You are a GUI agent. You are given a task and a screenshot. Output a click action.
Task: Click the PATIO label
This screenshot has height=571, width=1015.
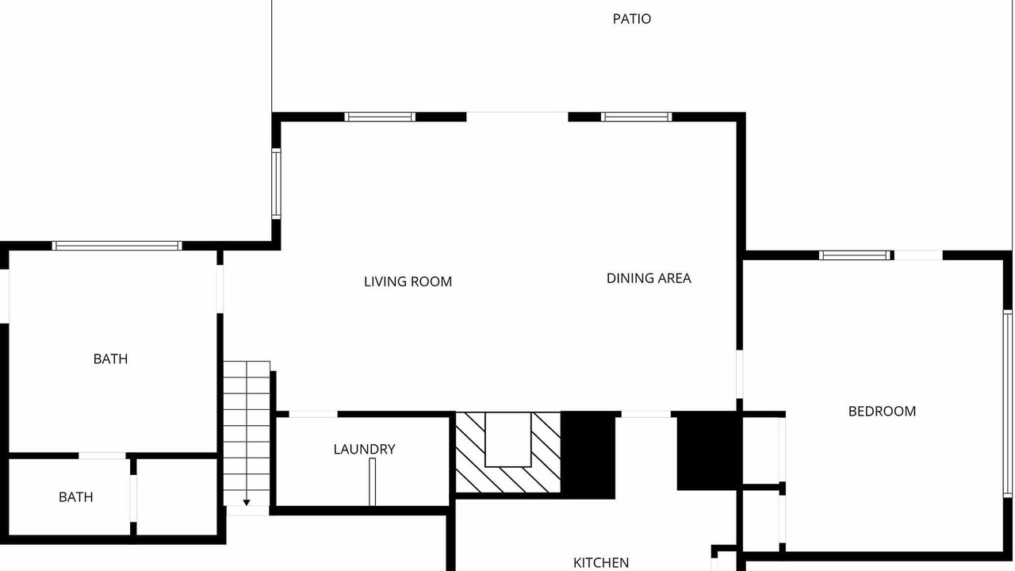(632, 19)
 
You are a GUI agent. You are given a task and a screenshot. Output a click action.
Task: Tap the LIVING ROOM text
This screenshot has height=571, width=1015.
(408, 282)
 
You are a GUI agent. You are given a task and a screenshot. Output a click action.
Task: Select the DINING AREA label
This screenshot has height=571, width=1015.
(649, 278)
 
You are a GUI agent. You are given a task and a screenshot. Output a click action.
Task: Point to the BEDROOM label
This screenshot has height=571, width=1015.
(882, 412)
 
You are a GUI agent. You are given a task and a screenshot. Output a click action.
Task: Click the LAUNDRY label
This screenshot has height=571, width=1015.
(364, 450)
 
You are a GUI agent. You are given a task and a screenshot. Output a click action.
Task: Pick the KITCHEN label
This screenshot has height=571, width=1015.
(601, 563)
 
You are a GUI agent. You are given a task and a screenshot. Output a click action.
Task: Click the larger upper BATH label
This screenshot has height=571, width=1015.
(110, 359)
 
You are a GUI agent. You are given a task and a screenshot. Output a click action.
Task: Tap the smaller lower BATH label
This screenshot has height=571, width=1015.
(75, 497)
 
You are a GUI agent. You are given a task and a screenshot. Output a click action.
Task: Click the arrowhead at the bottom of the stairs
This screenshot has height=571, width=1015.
(247, 503)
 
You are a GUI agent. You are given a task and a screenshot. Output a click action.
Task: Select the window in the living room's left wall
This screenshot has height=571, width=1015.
(276, 184)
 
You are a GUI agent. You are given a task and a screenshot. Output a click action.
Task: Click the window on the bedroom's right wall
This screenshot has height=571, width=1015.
(1008, 404)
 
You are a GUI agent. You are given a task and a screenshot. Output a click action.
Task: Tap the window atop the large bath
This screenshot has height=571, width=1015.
(117, 246)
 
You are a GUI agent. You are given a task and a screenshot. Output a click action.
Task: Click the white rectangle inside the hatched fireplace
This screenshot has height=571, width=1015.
(508, 439)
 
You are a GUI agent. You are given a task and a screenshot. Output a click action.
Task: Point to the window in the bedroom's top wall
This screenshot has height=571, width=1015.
(856, 255)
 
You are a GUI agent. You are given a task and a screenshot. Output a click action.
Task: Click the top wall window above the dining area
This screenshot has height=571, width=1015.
(637, 117)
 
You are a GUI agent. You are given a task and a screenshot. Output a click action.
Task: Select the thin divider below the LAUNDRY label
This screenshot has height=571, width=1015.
(372, 481)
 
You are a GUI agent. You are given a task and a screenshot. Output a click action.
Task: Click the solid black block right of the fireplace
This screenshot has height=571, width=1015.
(588, 455)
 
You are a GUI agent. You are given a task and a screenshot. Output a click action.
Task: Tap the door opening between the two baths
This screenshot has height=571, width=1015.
(102, 455)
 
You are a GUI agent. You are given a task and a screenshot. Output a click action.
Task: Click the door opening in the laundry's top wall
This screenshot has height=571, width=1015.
(313, 414)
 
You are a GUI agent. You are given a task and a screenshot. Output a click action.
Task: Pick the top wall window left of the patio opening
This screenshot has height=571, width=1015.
(380, 117)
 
